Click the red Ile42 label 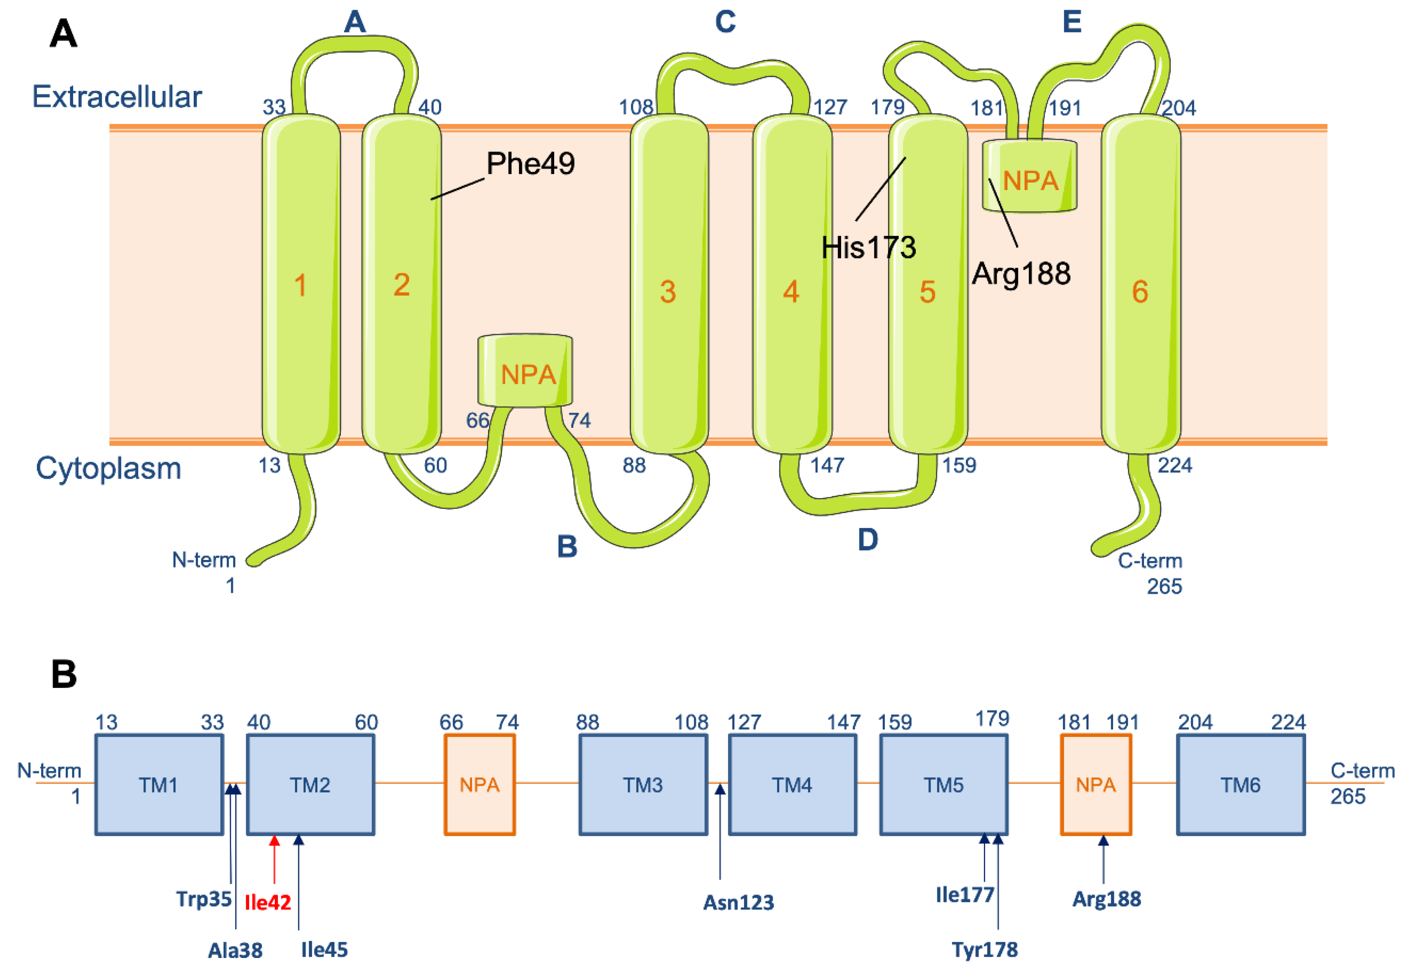coord(267,902)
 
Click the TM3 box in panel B coord(643,785)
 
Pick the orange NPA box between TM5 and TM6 coord(1095,785)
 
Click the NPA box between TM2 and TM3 coord(479,785)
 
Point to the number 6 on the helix coord(1140,292)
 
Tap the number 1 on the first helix coord(300,285)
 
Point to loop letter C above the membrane coord(725,22)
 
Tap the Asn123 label coord(738,902)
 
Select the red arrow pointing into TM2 coord(274,859)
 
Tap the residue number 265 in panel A coord(1164,587)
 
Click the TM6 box coord(1240,785)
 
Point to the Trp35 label coord(204,899)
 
